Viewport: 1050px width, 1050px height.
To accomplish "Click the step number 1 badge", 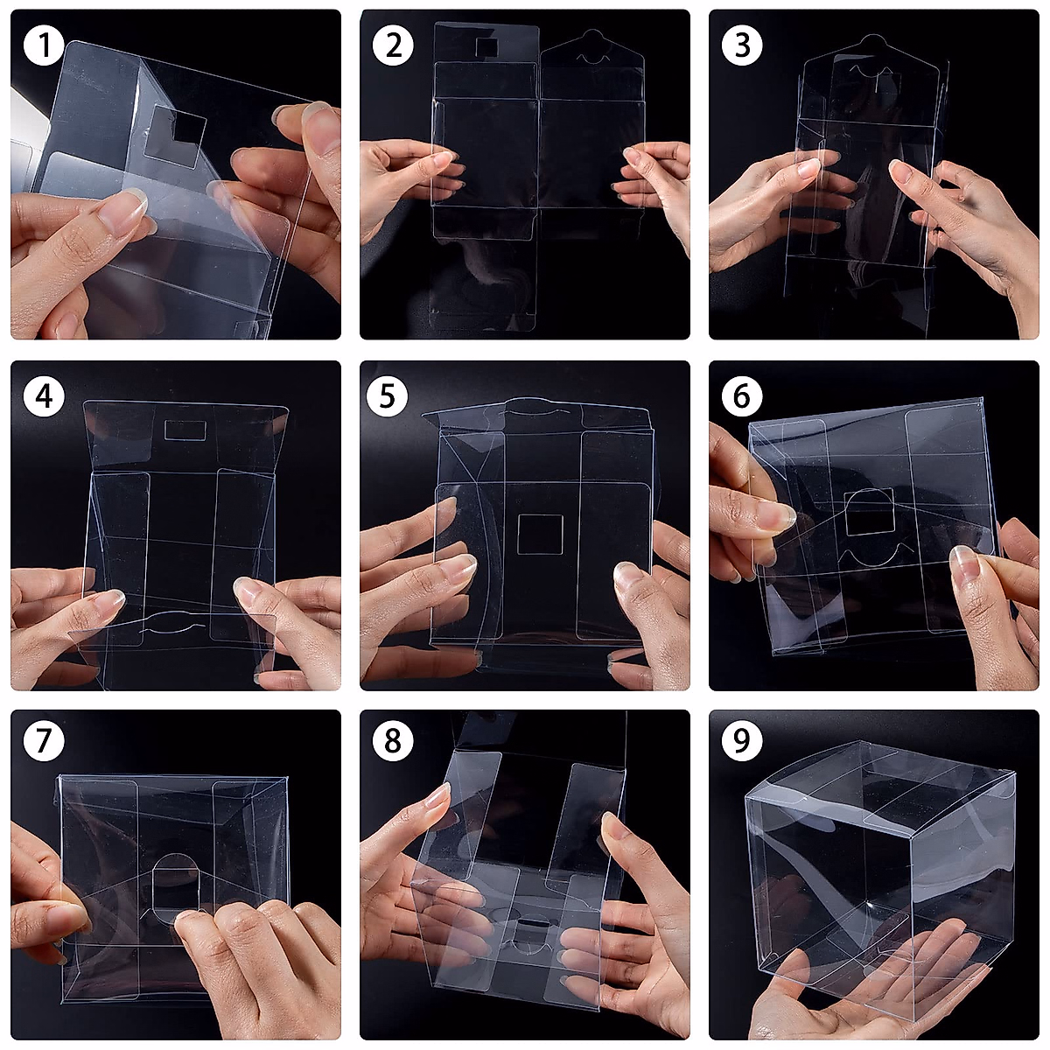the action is [x=44, y=45].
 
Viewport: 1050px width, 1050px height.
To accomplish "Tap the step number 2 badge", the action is [x=393, y=45].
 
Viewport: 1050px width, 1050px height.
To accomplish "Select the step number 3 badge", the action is [x=742, y=45].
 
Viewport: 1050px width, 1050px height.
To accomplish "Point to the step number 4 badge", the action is [x=44, y=396].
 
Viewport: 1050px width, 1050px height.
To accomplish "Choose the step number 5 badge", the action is [x=387, y=396].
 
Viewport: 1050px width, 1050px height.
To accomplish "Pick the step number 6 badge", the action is [x=742, y=396].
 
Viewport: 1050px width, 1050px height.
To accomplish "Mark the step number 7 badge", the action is [x=44, y=740].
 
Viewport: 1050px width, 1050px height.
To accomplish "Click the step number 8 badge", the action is [x=393, y=740].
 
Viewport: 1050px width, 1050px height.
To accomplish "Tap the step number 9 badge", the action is [x=742, y=740].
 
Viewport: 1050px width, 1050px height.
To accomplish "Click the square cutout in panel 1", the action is [x=176, y=136].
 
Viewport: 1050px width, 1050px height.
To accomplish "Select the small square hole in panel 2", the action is [x=487, y=47].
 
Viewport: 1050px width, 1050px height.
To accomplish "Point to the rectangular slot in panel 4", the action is [x=185, y=430].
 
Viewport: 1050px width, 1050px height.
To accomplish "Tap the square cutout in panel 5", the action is [x=540, y=534].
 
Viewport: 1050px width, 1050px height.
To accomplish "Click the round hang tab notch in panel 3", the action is [x=872, y=41].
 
